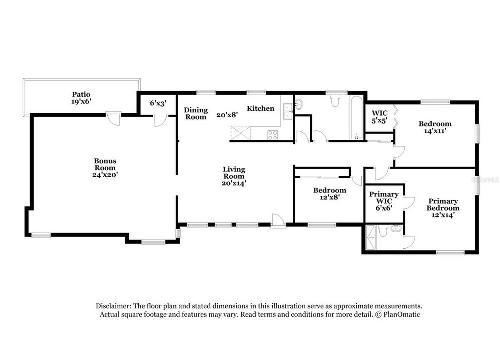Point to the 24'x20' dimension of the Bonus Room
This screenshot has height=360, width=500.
pos(105,175)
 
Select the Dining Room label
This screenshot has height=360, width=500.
pos(195,113)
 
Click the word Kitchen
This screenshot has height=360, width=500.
pos(260,108)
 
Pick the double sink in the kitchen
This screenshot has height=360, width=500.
pos(287,111)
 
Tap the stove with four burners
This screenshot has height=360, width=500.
pos(273,134)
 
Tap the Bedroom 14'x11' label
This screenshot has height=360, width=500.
pos(435,127)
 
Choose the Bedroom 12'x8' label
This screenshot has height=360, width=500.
pos(329,193)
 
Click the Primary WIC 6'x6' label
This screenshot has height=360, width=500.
pos(384,201)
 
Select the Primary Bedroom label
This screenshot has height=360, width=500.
pos(443,208)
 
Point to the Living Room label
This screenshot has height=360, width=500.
pos(234,176)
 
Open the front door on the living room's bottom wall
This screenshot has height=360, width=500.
pos(278,220)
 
